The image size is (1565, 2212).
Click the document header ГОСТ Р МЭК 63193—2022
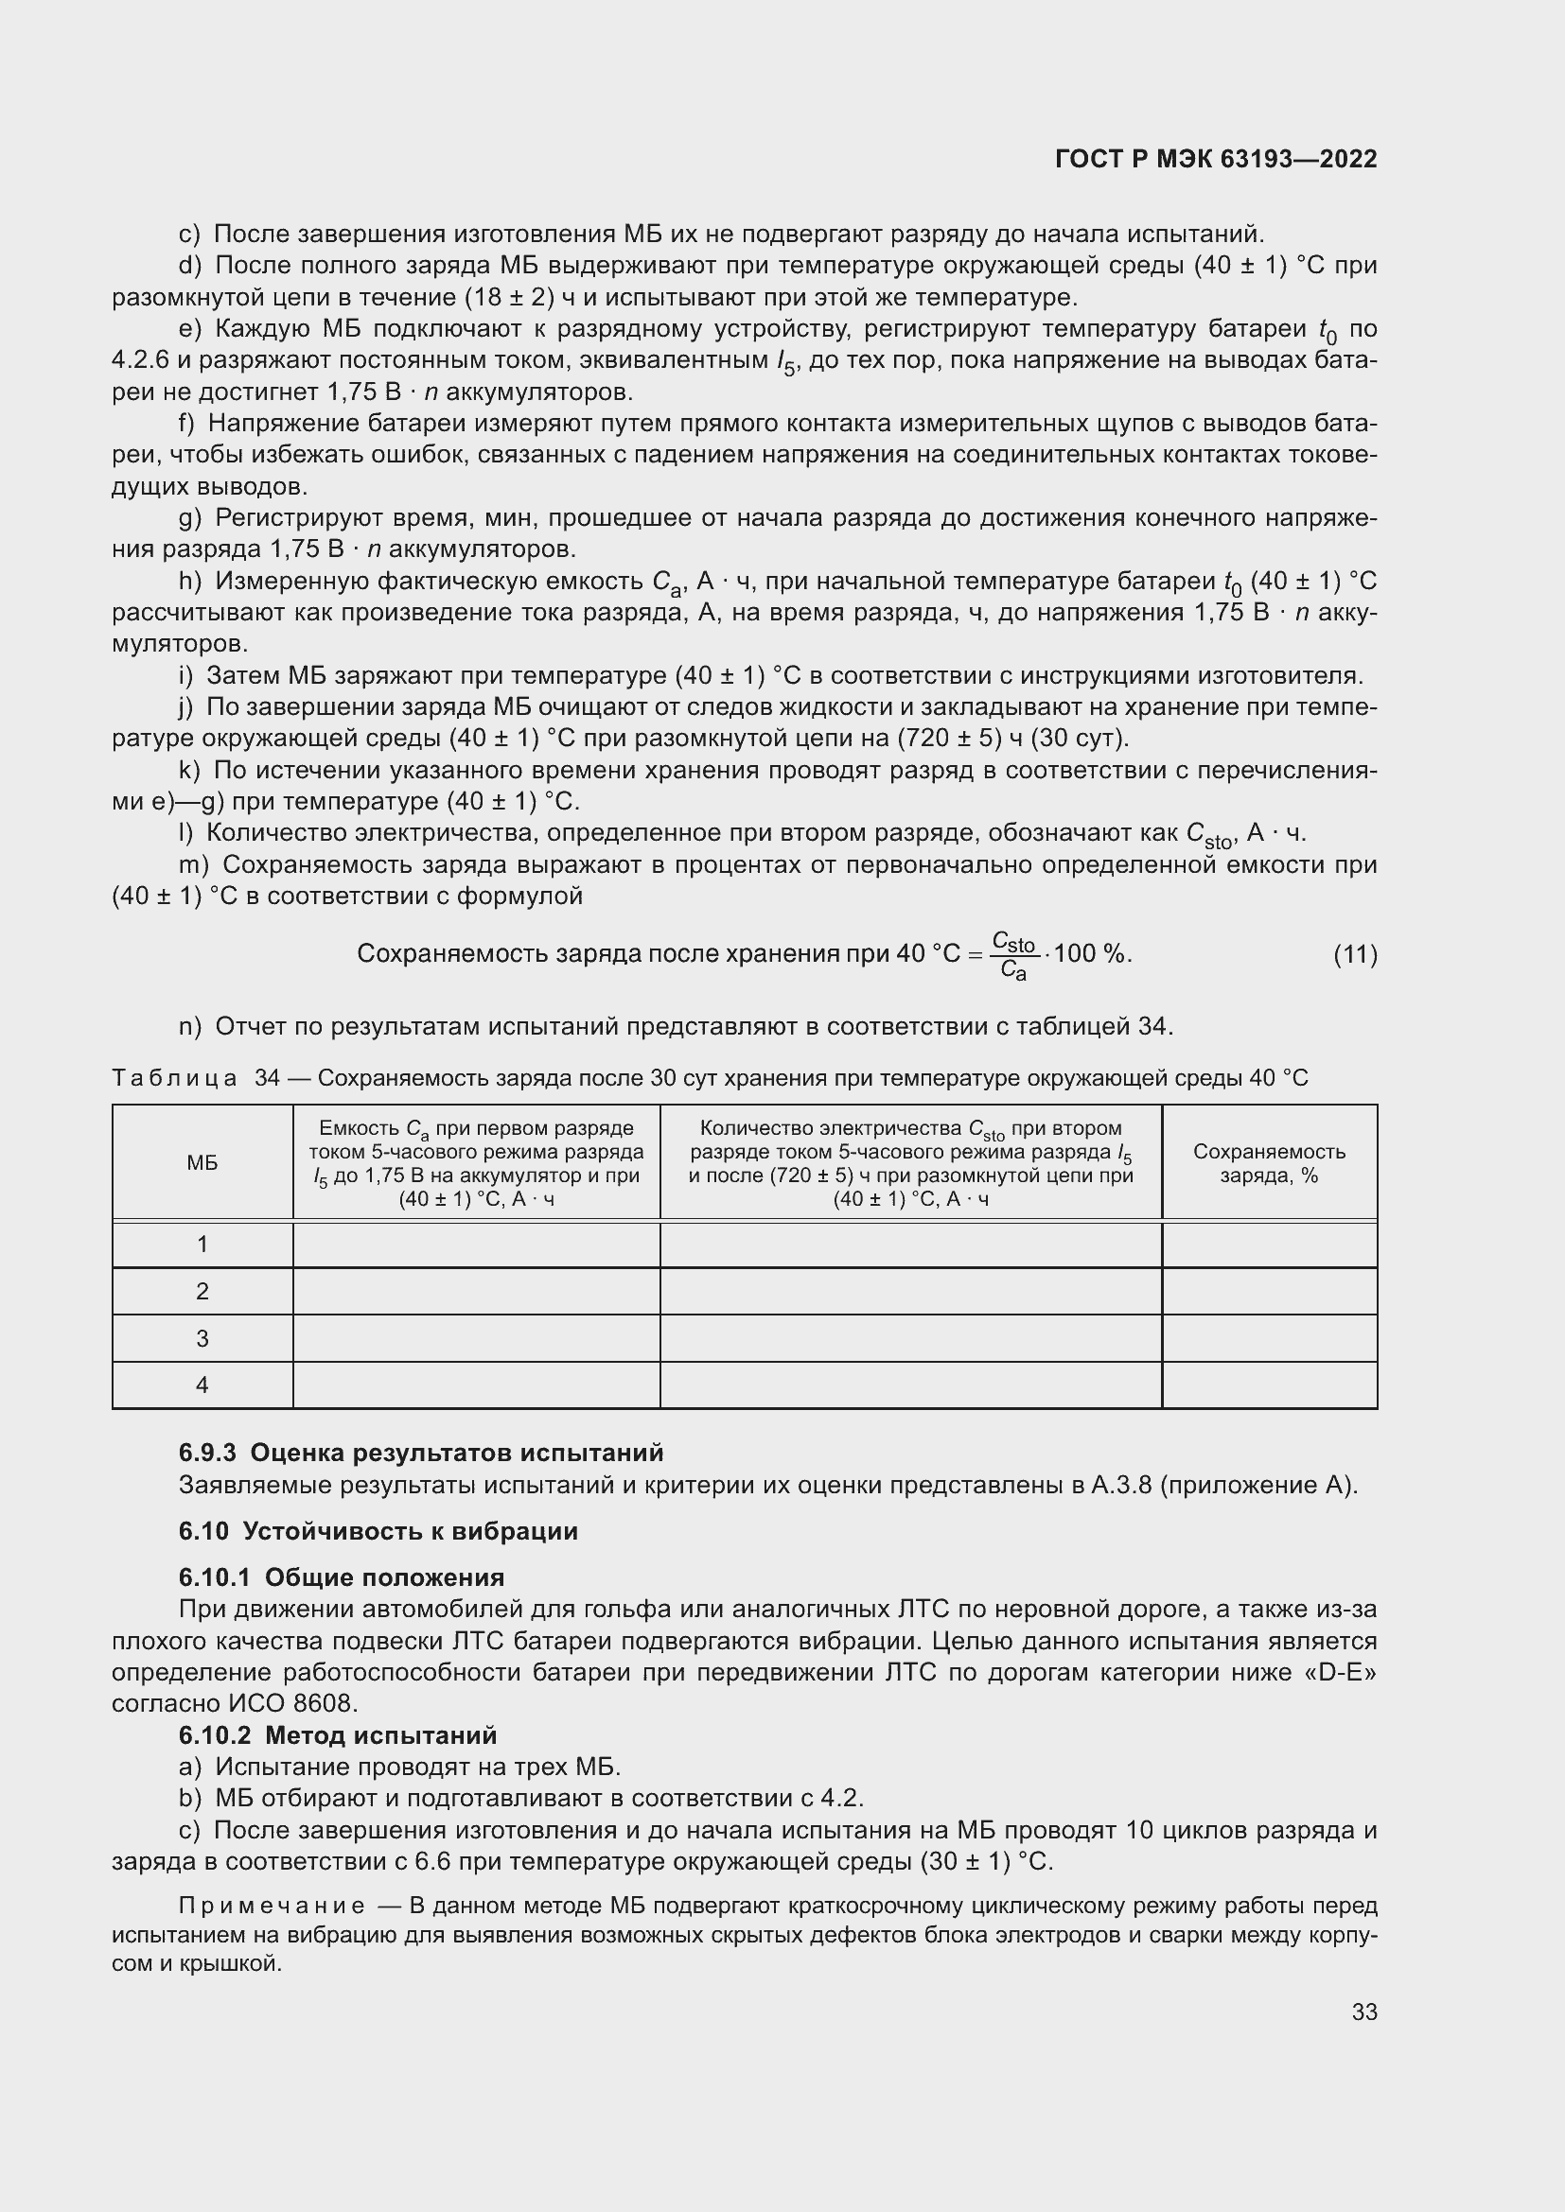[1215, 160]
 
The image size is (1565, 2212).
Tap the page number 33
[1363, 2012]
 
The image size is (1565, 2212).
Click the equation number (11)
[1355, 955]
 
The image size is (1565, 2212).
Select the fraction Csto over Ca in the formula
[1012, 955]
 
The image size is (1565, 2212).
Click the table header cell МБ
[202, 1163]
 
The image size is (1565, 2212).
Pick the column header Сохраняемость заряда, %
[1269, 1163]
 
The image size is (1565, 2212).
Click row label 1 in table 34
[202, 1244]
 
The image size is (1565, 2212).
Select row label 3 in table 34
[202, 1337]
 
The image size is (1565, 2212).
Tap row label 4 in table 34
[202, 1385]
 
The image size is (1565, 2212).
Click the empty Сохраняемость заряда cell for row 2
[1269, 1291]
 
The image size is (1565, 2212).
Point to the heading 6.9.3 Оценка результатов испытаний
[421, 1452]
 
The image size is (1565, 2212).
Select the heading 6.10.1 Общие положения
[342, 1577]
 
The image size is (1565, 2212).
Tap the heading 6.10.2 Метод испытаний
[337, 1735]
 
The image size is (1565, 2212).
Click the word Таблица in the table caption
[174, 1078]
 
